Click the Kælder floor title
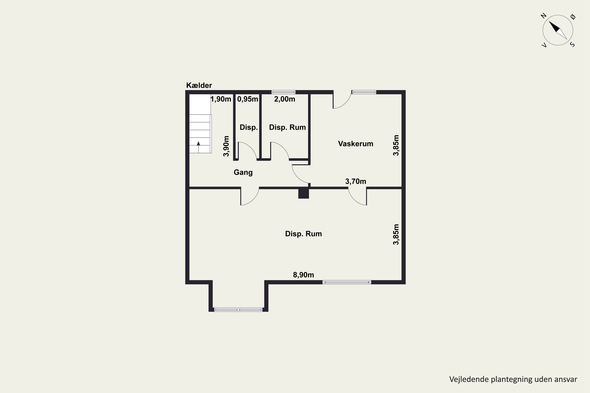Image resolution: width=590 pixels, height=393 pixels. (x=199, y=85)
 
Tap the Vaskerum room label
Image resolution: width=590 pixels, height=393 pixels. (x=355, y=144)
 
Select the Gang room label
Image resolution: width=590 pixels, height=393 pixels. (x=243, y=173)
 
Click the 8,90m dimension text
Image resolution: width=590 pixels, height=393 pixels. (x=303, y=275)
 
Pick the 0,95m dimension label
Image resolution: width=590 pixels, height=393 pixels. (x=248, y=99)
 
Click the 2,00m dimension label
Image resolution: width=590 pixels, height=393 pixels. (x=284, y=99)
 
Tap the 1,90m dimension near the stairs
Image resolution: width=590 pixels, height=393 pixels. (x=221, y=99)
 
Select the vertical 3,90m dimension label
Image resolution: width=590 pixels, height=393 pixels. (x=226, y=146)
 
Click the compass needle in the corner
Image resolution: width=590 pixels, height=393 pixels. (x=558, y=30)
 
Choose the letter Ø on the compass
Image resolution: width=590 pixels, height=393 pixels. (x=573, y=17)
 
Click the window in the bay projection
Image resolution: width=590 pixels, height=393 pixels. (x=238, y=309)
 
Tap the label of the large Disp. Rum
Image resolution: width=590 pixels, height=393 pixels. (x=303, y=234)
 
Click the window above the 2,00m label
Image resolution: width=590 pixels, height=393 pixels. (x=283, y=92)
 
